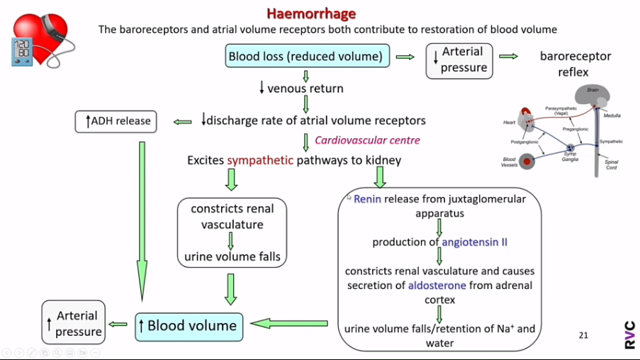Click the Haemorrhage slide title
click(311, 13)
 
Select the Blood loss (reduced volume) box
click(305, 56)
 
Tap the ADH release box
click(116, 121)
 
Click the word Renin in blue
click(367, 199)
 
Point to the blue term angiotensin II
click(474, 242)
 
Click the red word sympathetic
click(259, 160)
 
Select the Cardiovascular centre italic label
click(367, 140)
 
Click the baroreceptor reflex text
click(575, 64)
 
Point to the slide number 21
click(583, 335)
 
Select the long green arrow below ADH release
click(142, 220)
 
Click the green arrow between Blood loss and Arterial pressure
click(405, 57)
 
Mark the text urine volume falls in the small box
click(232, 257)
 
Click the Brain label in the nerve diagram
click(592, 90)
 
